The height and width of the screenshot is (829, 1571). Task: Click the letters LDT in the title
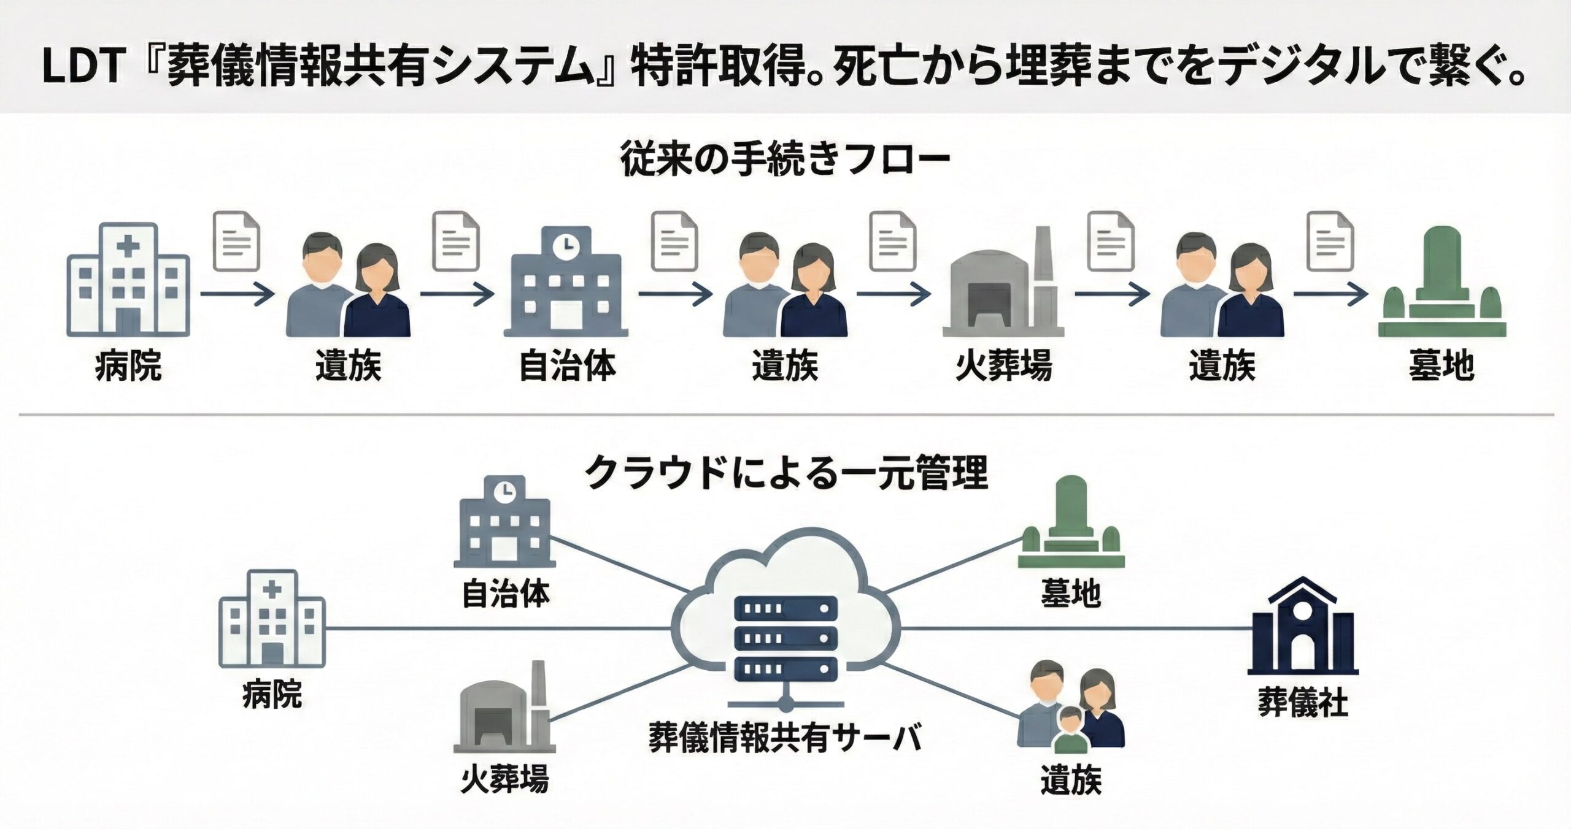pos(84,66)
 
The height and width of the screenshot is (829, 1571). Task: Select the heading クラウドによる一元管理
pos(785,473)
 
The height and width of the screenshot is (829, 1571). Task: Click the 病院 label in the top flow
pos(128,366)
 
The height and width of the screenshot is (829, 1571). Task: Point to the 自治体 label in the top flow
pos(567,366)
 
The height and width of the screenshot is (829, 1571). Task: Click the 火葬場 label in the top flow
pos(1003,366)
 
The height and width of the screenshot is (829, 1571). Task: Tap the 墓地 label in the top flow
pos(1442,366)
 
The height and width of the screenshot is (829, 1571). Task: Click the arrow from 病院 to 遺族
pos(237,294)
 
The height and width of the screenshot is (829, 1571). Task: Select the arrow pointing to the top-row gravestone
pos(1330,294)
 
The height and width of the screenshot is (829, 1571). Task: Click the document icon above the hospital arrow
pos(236,241)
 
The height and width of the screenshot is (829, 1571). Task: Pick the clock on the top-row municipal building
pos(565,245)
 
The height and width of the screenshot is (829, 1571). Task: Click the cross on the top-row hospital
pos(128,246)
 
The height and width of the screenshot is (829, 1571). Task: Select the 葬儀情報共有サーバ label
pos(785,738)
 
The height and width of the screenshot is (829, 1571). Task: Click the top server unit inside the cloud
pos(785,608)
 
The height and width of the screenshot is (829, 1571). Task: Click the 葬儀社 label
pos(1303,703)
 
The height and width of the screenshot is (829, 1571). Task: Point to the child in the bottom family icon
pos(1070,730)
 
